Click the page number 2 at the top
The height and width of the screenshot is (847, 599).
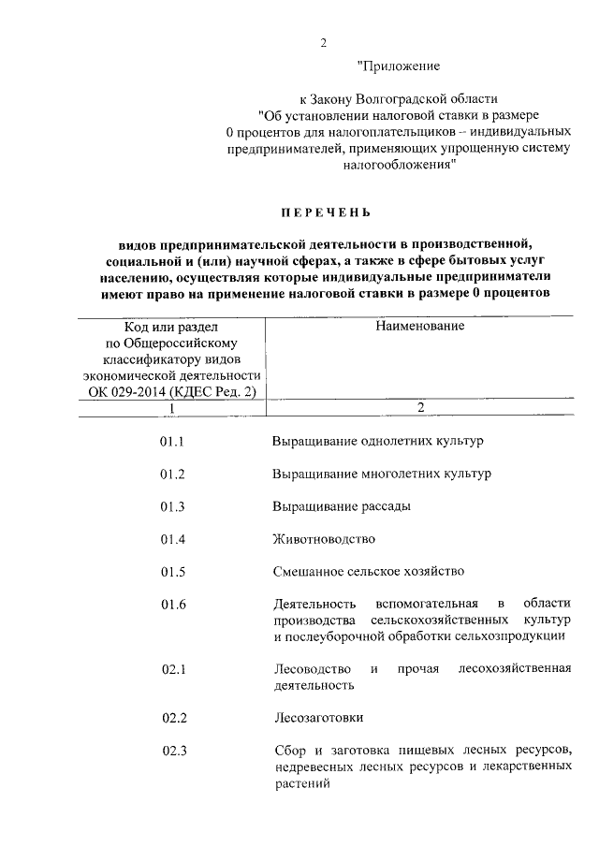click(324, 42)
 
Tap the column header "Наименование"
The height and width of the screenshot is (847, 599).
click(420, 326)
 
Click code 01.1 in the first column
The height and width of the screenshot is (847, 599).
click(173, 440)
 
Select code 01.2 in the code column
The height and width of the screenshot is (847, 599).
click(173, 474)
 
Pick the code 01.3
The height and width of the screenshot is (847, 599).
click(173, 506)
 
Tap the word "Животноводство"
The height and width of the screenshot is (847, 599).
click(324, 539)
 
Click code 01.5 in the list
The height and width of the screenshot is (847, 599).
click(173, 571)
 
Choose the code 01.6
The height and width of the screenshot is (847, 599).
click(173, 604)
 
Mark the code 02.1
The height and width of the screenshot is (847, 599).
click(174, 669)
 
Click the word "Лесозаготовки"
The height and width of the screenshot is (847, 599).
click(319, 718)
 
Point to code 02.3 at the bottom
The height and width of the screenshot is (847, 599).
click(175, 751)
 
